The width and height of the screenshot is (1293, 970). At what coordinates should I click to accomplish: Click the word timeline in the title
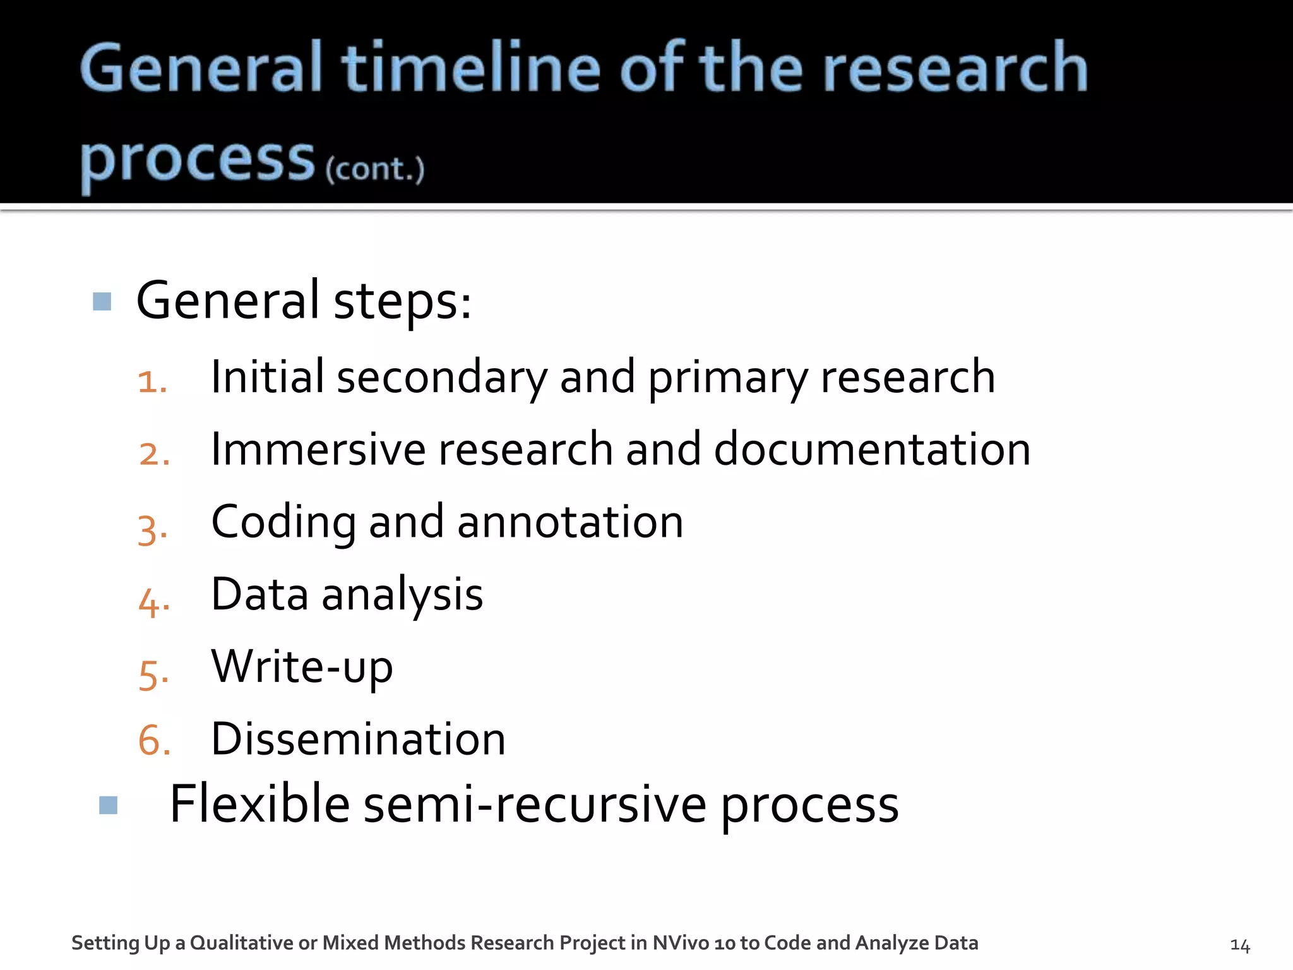pos(470,68)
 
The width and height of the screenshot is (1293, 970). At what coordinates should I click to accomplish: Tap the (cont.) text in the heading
pos(375,169)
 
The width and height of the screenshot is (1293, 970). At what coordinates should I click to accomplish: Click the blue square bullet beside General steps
pos(102,301)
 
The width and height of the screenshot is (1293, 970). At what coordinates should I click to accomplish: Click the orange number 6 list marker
pos(154,740)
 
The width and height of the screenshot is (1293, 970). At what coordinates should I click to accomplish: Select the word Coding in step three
pos(283,523)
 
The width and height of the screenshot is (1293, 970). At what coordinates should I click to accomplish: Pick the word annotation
pos(570,522)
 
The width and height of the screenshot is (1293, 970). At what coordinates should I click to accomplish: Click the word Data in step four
pos(259,594)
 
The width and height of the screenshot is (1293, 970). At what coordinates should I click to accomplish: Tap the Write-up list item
pos(302,668)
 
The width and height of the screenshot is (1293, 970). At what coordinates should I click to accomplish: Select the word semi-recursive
pos(535,805)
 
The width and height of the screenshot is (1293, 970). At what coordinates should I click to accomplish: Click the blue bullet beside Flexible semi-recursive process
pos(109,805)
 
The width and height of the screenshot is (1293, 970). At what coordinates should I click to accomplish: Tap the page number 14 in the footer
pos(1240,945)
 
